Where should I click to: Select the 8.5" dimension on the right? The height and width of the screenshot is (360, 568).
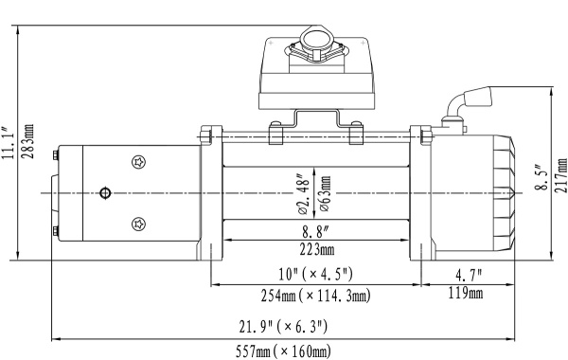tap(539, 176)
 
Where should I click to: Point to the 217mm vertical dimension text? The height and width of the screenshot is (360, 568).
tap(559, 176)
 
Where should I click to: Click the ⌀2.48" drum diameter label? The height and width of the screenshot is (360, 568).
tap(302, 194)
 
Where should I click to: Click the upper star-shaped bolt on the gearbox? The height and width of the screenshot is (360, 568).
tap(140, 163)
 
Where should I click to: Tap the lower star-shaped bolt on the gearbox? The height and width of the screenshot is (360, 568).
tap(140, 224)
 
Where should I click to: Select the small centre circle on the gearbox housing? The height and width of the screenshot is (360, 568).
tap(104, 194)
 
